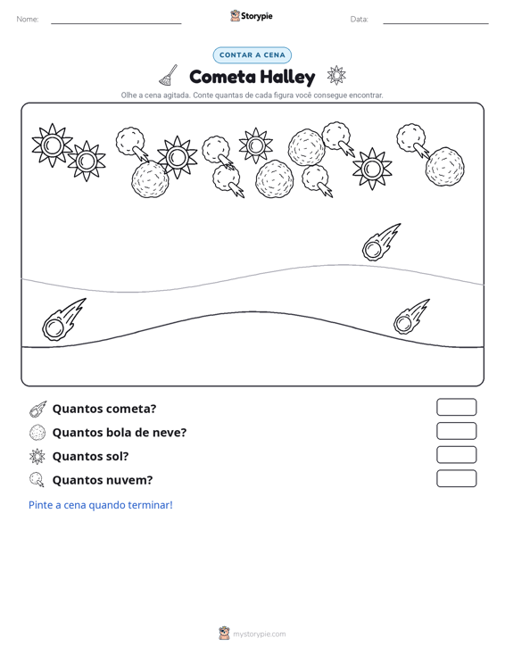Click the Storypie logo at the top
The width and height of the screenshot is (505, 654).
click(x=252, y=16)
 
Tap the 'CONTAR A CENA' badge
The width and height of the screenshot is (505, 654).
click(x=252, y=55)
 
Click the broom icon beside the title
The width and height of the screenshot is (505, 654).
click(x=169, y=75)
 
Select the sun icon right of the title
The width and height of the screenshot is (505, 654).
click(x=336, y=75)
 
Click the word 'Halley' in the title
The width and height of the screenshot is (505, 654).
click(x=287, y=78)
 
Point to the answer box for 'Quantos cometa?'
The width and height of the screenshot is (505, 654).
click(x=456, y=407)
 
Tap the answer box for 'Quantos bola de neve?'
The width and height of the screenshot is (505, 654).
click(x=456, y=431)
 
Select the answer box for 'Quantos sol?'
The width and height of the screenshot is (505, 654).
click(x=456, y=455)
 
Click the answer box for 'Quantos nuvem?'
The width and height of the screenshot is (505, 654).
click(x=456, y=478)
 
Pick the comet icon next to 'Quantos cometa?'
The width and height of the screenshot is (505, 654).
click(x=37, y=410)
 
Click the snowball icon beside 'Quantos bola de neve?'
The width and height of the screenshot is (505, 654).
click(x=37, y=433)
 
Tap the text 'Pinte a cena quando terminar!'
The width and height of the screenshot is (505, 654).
click(x=101, y=505)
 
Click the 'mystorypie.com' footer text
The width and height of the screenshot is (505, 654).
click(x=259, y=634)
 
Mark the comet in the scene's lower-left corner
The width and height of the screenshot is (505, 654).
click(x=64, y=319)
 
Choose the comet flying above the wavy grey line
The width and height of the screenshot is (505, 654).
click(x=381, y=242)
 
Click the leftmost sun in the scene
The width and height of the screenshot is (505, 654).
click(x=52, y=145)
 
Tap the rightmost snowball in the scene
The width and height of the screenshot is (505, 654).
click(x=445, y=167)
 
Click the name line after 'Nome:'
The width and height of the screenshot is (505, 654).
click(x=116, y=23)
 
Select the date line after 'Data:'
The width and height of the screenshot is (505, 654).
click(x=435, y=23)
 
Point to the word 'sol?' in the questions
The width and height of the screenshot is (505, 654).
click(x=117, y=456)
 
